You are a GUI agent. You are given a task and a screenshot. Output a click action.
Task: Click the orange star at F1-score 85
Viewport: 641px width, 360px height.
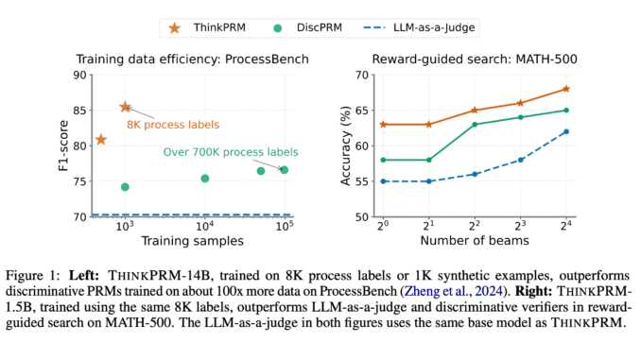(125, 108)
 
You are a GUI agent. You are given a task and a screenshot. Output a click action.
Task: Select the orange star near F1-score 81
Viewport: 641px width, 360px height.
(101, 140)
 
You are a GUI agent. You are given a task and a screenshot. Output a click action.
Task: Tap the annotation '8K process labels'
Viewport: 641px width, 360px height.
(174, 124)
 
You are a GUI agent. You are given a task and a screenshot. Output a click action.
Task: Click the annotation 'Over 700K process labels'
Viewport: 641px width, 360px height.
(231, 151)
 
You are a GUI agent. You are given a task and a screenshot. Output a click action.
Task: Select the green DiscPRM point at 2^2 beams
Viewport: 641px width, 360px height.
(474, 124)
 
